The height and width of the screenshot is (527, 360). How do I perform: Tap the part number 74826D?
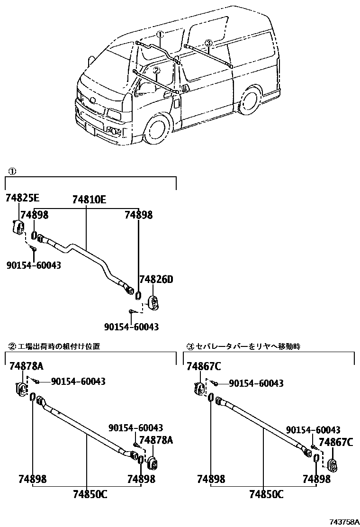click(156, 280)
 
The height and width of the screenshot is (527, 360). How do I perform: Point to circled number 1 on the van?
click(160, 35)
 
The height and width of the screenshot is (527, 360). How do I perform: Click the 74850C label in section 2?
click(90, 494)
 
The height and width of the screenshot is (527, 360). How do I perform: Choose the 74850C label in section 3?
click(266, 494)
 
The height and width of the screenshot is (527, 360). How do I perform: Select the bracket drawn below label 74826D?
click(153, 302)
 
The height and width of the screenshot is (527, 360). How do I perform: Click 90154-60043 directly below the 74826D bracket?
click(131, 327)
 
